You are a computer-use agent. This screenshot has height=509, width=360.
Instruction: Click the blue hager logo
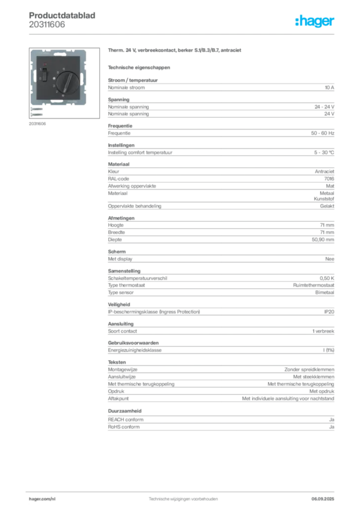(x=315, y=22)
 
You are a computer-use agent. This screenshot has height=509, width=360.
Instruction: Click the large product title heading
(x=175, y=51)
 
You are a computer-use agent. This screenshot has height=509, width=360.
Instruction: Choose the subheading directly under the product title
(x=139, y=67)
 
